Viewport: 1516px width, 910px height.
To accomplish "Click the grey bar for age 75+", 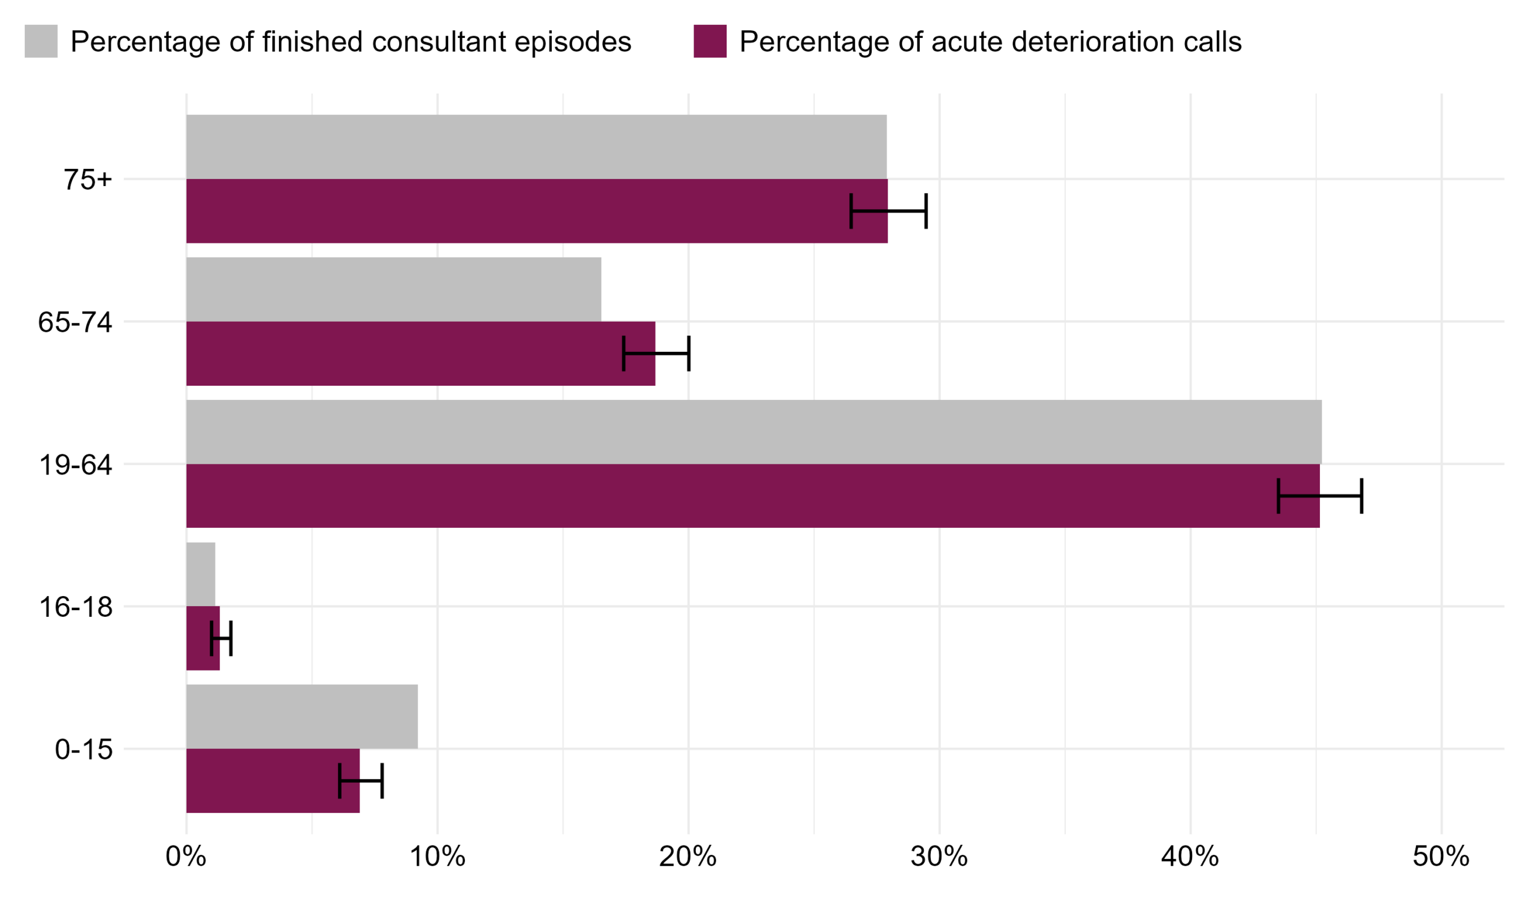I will tap(536, 146).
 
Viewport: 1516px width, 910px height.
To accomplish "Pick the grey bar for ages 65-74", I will tap(393, 289).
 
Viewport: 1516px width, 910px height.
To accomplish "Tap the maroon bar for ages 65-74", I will tap(404, 353).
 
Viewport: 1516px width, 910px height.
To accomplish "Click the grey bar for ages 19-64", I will tap(754, 432).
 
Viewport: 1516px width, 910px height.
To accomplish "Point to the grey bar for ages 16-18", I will tap(201, 574).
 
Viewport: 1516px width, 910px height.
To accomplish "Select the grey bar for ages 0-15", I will tap(302, 716).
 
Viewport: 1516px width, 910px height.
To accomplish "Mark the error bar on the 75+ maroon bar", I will tap(888, 211).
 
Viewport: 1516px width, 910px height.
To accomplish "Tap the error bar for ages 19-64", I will tap(1320, 495).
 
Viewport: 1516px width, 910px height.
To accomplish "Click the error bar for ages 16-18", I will tap(221, 638).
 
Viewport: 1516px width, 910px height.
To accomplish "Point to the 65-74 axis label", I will tap(75, 322).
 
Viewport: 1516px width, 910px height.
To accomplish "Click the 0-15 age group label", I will tap(84, 749).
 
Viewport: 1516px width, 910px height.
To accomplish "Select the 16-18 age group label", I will tap(76, 607).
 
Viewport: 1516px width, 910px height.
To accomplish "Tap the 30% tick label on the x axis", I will tap(939, 857).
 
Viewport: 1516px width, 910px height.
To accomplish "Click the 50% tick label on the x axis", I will tap(1441, 857).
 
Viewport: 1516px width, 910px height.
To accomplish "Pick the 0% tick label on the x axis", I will tap(186, 857).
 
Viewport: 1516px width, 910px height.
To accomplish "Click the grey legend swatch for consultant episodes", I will tap(41, 41).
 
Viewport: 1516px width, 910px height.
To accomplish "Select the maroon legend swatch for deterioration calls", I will tap(709, 41).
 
